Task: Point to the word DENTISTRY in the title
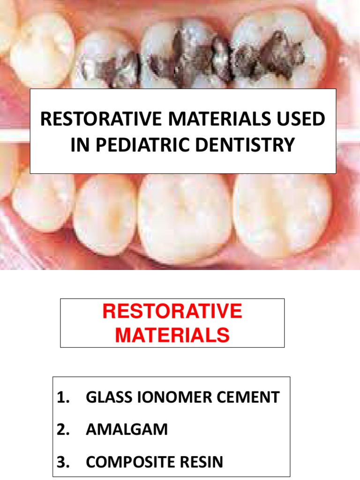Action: pos(242,145)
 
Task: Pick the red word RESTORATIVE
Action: pos(172,312)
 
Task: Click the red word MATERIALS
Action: pos(172,335)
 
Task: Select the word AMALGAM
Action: pos(127,430)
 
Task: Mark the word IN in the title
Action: pos(79,145)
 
